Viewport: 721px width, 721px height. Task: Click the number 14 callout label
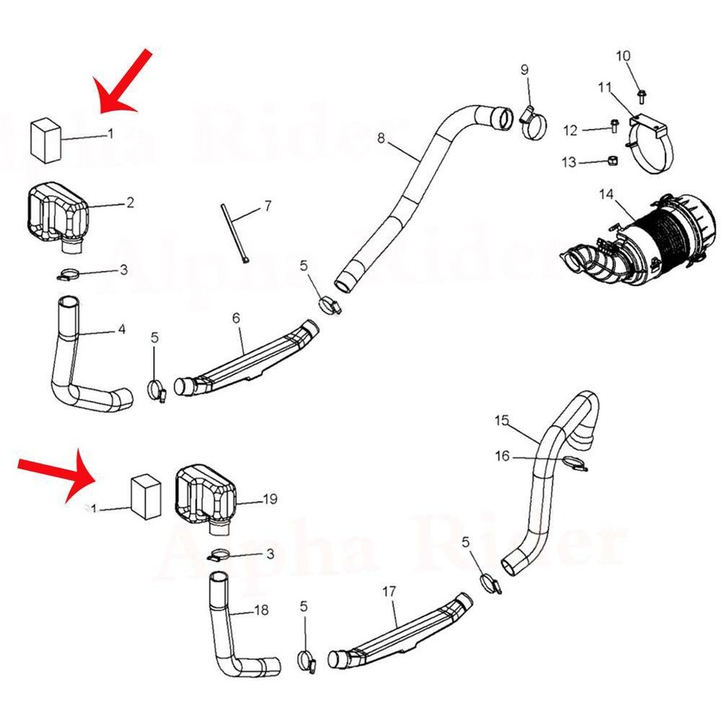605,196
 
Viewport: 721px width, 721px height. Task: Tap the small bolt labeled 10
641,95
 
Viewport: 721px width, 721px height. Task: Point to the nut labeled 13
612,160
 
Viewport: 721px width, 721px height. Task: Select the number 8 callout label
382,137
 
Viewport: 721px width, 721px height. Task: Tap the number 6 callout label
236,318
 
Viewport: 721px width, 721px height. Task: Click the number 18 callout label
261,611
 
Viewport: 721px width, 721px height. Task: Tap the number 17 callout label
388,592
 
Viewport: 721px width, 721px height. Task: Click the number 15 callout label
502,421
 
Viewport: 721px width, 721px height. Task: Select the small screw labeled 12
614,127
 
